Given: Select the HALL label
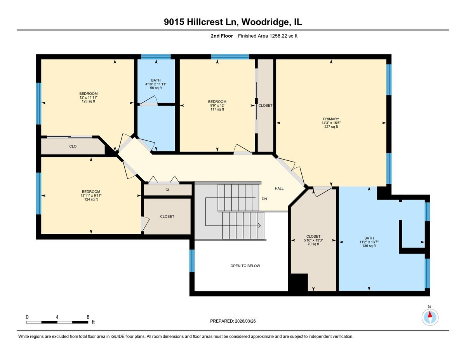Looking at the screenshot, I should (279, 188).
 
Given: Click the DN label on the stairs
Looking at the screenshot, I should (264, 198).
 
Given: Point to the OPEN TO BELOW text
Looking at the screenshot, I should (245, 266).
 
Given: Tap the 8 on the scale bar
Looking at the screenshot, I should (88, 317).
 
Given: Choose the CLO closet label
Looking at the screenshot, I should (73, 146).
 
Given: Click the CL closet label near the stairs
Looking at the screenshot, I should (167, 190).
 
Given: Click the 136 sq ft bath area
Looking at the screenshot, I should (369, 245).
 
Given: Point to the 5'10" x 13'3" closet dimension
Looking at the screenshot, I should (313, 240).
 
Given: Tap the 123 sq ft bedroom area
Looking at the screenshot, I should (88, 101).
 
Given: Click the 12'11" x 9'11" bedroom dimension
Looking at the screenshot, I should (91, 196).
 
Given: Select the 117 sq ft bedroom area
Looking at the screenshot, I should (217, 110).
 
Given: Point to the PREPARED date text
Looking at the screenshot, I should (233, 321).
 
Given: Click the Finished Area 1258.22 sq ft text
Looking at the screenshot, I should (268, 36).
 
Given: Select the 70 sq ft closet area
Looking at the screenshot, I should (313, 244).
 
